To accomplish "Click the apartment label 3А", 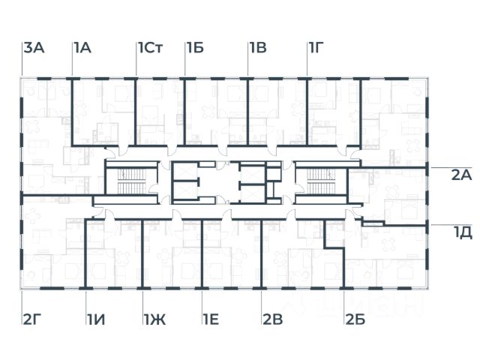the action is pyautogui.click(x=34, y=49).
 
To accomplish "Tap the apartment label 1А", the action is pyautogui.click(x=82, y=49).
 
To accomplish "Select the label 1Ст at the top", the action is pyautogui.click(x=150, y=49).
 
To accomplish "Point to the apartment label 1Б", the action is pyautogui.click(x=195, y=49).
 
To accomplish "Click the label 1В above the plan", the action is pyautogui.click(x=258, y=49).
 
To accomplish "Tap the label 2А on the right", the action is pyautogui.click(x=460, y=175).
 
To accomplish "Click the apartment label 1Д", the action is pyautogui.click(x=462, y=232).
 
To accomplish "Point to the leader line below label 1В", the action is pyautogui.click(x=248, y=66).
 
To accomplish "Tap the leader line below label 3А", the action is pyautogui.click(x=22, y=66).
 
